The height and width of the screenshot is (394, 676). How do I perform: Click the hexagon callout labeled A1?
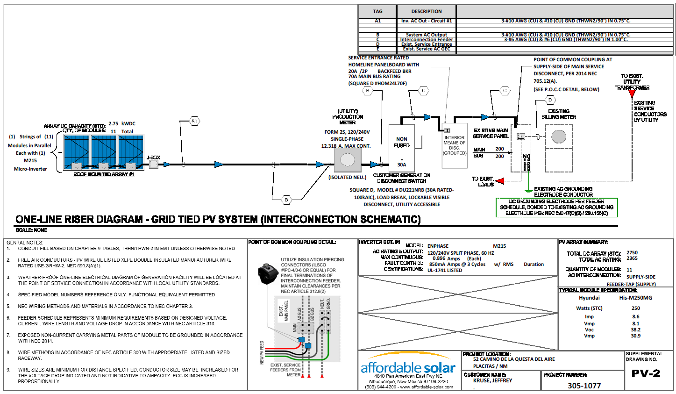pyautogui.click(x=194, y=121)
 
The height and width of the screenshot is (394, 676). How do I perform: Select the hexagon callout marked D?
pyautogui.click(x=550, y=100)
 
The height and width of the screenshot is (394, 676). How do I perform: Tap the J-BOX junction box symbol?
pyautogui.click(x=153, y=164)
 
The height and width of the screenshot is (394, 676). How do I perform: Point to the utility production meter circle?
pyautogui.click(x=347, y=160)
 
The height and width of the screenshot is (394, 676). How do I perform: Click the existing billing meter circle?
pyautogui.click(x=559, y=136)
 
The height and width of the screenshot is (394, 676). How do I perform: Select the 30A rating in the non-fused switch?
pyautogui.click(x=402, y=165)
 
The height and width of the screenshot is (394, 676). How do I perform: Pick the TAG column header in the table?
pyautogui.click(x=377, y=11)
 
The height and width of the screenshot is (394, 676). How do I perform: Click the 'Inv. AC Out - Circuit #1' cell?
pyautogui.click(x=426, y=21)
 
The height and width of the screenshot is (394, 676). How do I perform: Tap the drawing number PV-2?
pyautogui.click(x=646, y=373)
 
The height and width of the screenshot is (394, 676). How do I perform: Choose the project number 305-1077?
pyautogui.click(x=584, y=386)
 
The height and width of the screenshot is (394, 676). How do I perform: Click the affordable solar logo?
pyautogui.click(x=408, y=368)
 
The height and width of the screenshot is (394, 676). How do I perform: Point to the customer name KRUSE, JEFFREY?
pyautogui.click(x=492, y=380)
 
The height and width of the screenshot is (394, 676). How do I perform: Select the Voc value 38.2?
pyautogui.click(x=635, y=330)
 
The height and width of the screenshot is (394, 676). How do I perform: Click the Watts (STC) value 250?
pyautogui.click(x=635, y=308)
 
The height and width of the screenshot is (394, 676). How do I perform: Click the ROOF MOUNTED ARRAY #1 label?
pyautogui.click(x=104, y=174)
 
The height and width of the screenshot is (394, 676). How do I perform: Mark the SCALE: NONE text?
pyautogui.click(x=31, y=230)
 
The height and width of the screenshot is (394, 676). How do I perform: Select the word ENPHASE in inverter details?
pyautogui.click(x=438, y=246)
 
